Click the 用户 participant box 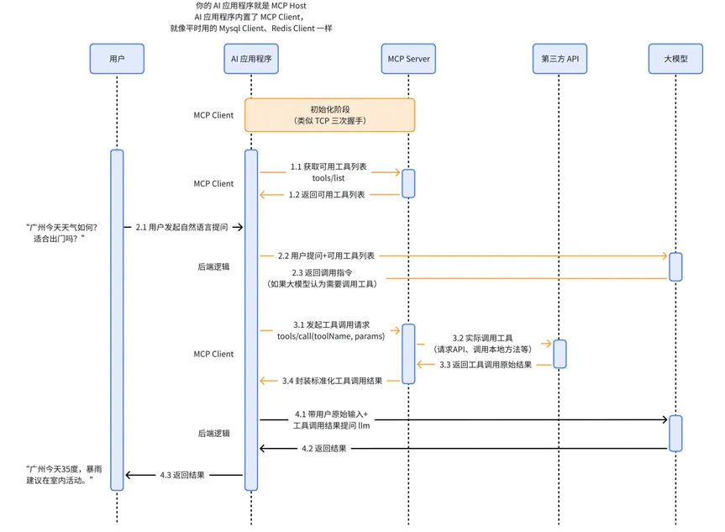tap(117, 59)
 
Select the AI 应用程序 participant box tap(251, 59)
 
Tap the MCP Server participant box tap(408, 59)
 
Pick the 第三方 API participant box tap(560, 59)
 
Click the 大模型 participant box tap(675, 59)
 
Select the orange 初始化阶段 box tap(329, 115)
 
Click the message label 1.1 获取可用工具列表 tap(328, 166)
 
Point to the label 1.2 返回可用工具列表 tap(327, 195)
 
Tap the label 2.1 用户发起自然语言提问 tap(181, 227)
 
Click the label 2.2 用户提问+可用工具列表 tap(326, 255)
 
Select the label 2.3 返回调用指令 tap(322, 273)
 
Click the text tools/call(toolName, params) tap(331, 336)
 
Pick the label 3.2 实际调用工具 tap(482, 338)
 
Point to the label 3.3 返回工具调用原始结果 tap(486, 365)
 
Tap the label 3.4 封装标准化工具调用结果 tap(332, 382)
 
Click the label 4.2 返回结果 tap(323, 449)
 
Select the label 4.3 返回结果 tap(182, 475)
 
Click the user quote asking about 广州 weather tap(61, 233)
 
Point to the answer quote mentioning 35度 tap(64, 475)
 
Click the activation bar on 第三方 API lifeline tap(560, 354)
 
